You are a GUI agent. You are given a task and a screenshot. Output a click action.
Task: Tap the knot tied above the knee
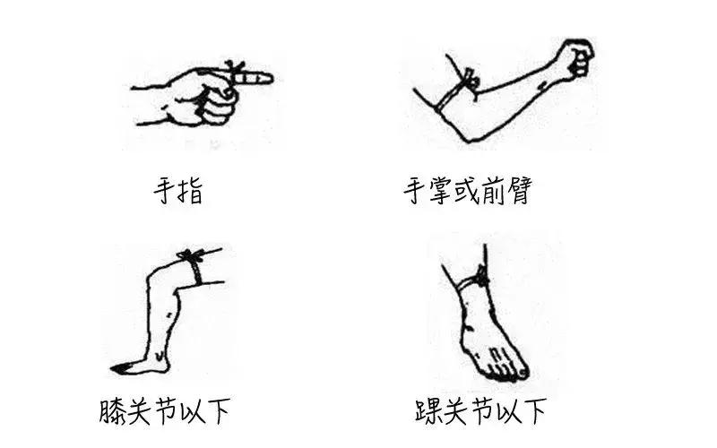point(190,257)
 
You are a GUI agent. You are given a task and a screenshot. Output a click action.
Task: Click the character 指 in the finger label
point(191,191)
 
